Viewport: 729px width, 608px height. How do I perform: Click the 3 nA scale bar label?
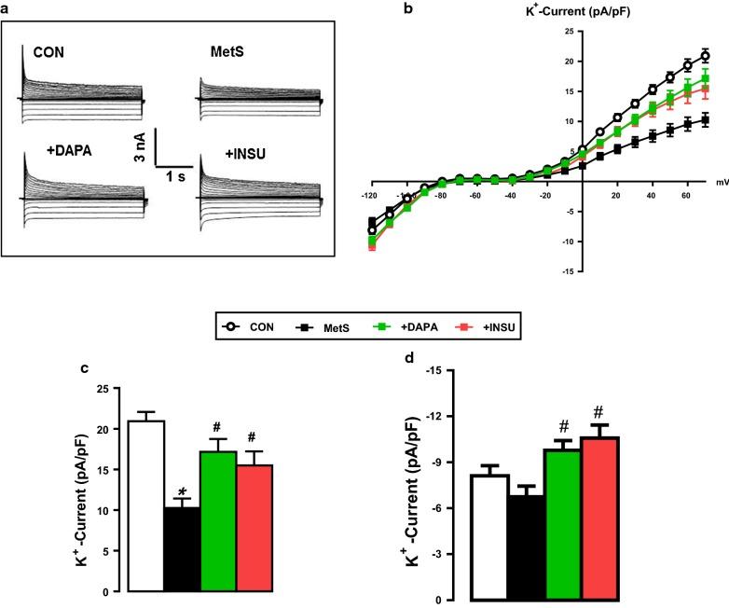(x=135, y=148)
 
